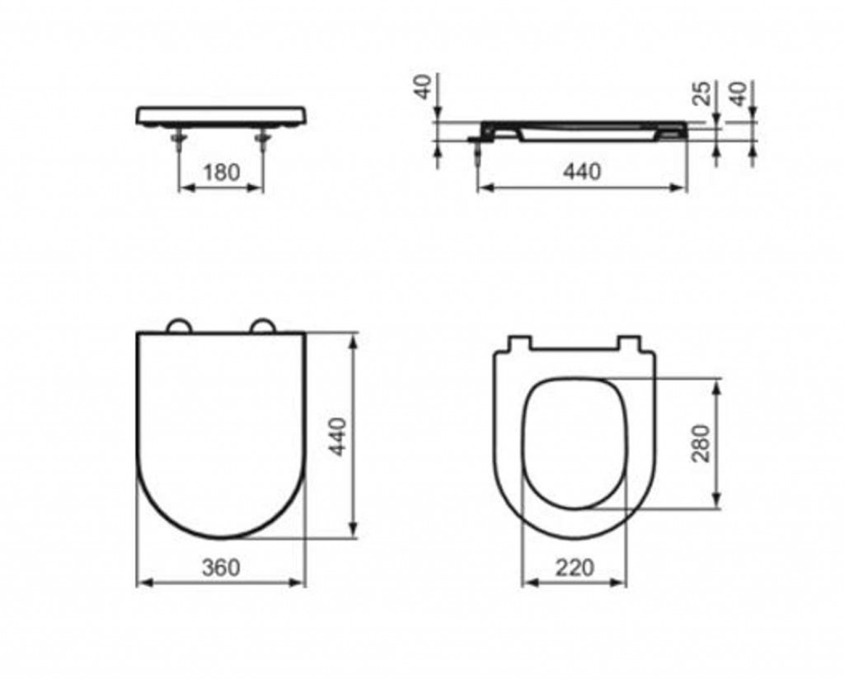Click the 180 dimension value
[x=221, y=172]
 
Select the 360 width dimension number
[x=221, y=567]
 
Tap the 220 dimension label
[x=574, y=567]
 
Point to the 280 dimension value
[x=701, y=443]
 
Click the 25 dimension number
[x=701, y=92]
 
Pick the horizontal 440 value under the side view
[x=582, y=172]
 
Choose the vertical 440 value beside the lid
[x=338, y=436]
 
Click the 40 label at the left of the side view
[x=423, y=87]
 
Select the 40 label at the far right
[x=741, y=94]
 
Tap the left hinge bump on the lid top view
[x=178, y=325]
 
